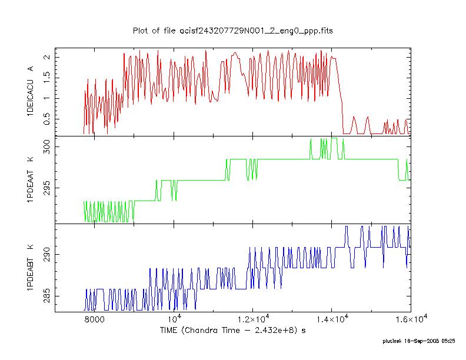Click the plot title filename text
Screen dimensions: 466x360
tap(232, 31)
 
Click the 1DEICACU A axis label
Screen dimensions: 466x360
tap(31, 91)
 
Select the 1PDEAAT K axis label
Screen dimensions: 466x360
tap(31, 179)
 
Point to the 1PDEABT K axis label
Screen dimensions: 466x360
tap(31, 268)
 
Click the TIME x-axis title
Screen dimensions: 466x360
tap(232, 331)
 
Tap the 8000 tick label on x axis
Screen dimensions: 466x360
tap(95, 319)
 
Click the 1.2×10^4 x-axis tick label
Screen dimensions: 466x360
tap(253, 319)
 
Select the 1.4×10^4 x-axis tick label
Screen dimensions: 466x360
tap(332, 319)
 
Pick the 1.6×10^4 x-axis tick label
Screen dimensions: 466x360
tap(411, 319)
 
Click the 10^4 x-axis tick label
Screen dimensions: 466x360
tap(175, 319)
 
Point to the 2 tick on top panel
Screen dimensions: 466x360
tap(47, 56)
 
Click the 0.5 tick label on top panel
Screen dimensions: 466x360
tap(47, 119)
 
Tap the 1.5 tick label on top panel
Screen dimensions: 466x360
tap(47, 78)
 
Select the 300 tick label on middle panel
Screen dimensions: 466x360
tap(47, 147)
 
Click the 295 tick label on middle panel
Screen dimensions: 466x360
tap(47, 188)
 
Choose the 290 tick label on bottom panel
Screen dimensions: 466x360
tap(47, 255)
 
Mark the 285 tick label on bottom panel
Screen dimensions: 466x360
tap(47, 296)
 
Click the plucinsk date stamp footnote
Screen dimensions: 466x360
tap(419, 341)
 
